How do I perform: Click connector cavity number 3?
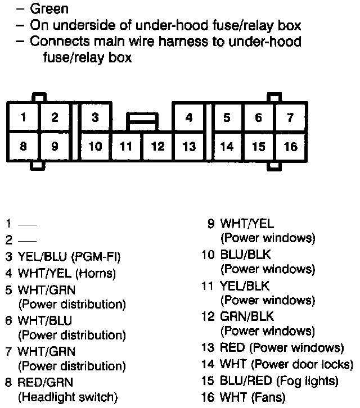point(96,118)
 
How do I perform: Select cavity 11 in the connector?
point(126,147)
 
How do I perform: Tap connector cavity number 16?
point(290,147)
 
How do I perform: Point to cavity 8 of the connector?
point(23,146)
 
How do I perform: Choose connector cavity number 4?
point(189,118)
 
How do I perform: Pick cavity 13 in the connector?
point(189,147)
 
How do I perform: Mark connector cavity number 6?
point(258,118)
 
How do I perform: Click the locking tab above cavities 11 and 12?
point(142,120)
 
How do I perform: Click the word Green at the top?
point(49,9)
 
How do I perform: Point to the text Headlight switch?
point(68,398)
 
